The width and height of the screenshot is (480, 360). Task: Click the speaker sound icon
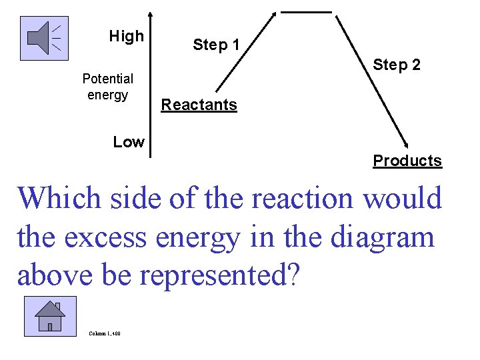(44, 37)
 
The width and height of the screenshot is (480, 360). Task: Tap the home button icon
(49, 316)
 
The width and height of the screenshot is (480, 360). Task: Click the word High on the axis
(126, 36)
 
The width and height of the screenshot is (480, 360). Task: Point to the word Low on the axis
(128, 141)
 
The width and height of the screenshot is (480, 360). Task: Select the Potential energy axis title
(107, 87)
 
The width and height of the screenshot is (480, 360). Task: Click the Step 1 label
(216, 45)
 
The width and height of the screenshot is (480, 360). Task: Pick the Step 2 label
(397, 65)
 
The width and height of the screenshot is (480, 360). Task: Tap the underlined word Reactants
(199, 105)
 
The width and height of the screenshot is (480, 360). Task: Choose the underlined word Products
(407, 161)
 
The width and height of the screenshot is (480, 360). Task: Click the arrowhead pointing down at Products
(406, 142)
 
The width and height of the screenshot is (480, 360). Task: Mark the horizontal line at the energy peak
(306, 11)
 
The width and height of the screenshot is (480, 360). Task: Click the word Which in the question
(59, 198)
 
